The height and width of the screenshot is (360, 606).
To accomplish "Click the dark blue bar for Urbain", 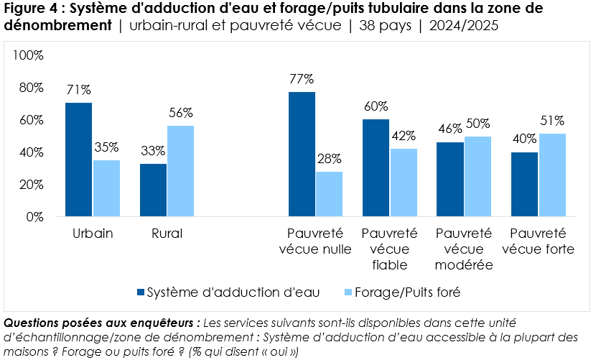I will click(x=78, y=160).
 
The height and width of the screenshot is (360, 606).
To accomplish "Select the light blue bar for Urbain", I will click(x=106, y=188).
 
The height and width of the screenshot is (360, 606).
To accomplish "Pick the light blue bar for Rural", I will click(x=180, y=171).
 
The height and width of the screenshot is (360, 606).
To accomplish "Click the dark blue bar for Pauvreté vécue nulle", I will click(x=302, y=154).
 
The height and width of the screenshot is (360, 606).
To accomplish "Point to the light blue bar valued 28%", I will click(x=329, y=194).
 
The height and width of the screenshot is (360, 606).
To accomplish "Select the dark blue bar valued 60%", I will click(x=376, y=168).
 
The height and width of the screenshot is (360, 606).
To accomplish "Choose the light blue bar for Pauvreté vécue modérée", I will click(x=478, y=176).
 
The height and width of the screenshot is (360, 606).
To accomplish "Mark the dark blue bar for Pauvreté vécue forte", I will click(x=524, y=184).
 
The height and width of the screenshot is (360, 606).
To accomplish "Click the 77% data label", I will click(x=302, y=79).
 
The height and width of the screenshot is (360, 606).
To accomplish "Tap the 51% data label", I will click(x=552, y=121).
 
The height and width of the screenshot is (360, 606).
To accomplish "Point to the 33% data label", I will click(x=153, y=151).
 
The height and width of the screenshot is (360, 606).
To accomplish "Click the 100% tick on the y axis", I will click(x=29, y=55).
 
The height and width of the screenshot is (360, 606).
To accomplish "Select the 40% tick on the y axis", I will click(x=32, y=152).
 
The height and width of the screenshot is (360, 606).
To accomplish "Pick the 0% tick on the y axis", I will click(x=35, y=216).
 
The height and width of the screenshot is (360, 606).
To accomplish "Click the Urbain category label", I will click(x=92, y=234).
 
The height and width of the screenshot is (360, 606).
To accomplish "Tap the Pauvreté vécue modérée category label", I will click(x=464, y=249).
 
